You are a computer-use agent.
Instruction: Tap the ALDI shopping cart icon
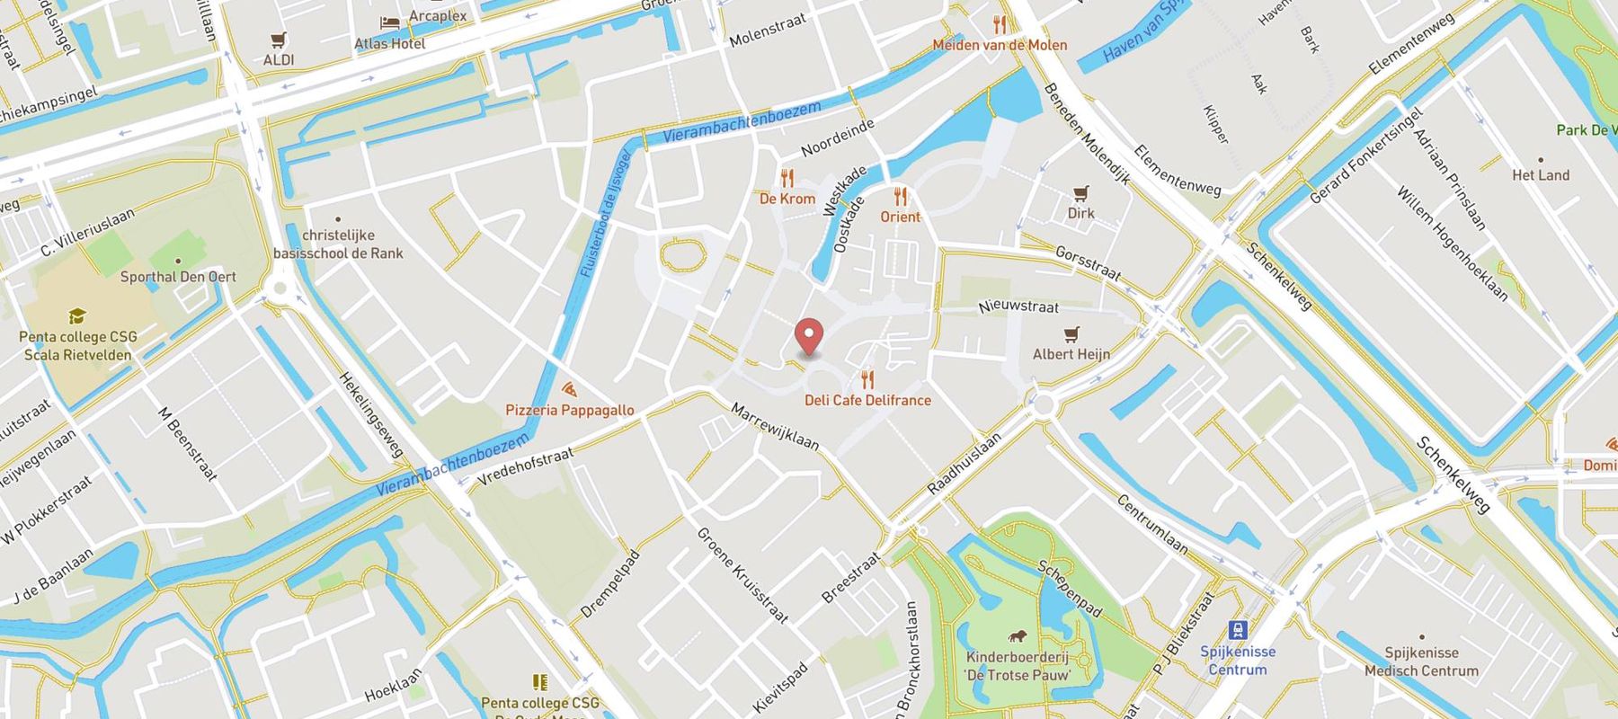point(279,40)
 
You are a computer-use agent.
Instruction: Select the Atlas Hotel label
point(389,43)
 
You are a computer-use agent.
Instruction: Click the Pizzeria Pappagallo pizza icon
point(568,389)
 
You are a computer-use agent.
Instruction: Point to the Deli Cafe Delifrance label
point(867,400)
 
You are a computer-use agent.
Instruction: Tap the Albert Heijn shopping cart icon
point(1071,334)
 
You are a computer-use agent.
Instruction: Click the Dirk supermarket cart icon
point(1080,193)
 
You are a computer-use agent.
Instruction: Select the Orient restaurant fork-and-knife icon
point(900,196)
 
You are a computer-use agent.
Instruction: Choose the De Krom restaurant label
point(787,199)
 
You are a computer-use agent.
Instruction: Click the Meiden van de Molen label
point(1000,45)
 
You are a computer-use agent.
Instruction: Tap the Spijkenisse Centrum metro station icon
point(1238,630)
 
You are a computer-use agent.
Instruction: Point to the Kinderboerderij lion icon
point(1018,636)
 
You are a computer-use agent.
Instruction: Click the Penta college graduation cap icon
point(77,316)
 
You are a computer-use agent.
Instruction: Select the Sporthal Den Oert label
point(178,277)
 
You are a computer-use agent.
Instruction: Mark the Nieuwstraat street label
point(1018,306)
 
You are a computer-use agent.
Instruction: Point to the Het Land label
point(1541,175)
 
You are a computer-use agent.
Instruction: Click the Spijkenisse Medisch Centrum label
point(1421,661)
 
